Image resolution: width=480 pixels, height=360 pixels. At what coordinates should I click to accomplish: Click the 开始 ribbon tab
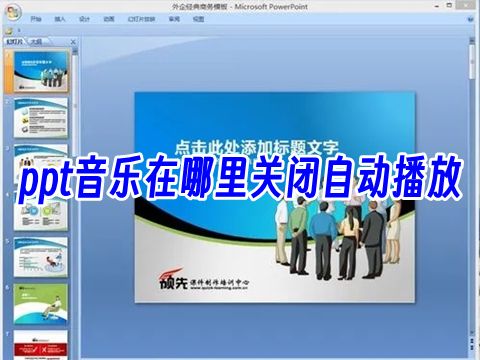(36, 18)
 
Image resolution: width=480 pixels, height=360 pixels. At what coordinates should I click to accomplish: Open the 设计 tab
(84, 18)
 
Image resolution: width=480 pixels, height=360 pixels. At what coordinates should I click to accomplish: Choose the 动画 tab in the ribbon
(108, 18)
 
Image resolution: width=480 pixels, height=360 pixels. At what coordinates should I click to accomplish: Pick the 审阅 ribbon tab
(174, 18)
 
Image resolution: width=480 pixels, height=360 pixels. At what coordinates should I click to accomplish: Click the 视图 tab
(198, 18)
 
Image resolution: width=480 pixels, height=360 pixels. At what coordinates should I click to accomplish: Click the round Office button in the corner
(10, 10)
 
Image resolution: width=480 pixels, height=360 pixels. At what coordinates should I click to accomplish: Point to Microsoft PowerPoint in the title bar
(261, 5)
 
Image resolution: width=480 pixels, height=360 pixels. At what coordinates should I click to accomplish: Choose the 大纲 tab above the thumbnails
(35, 43)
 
